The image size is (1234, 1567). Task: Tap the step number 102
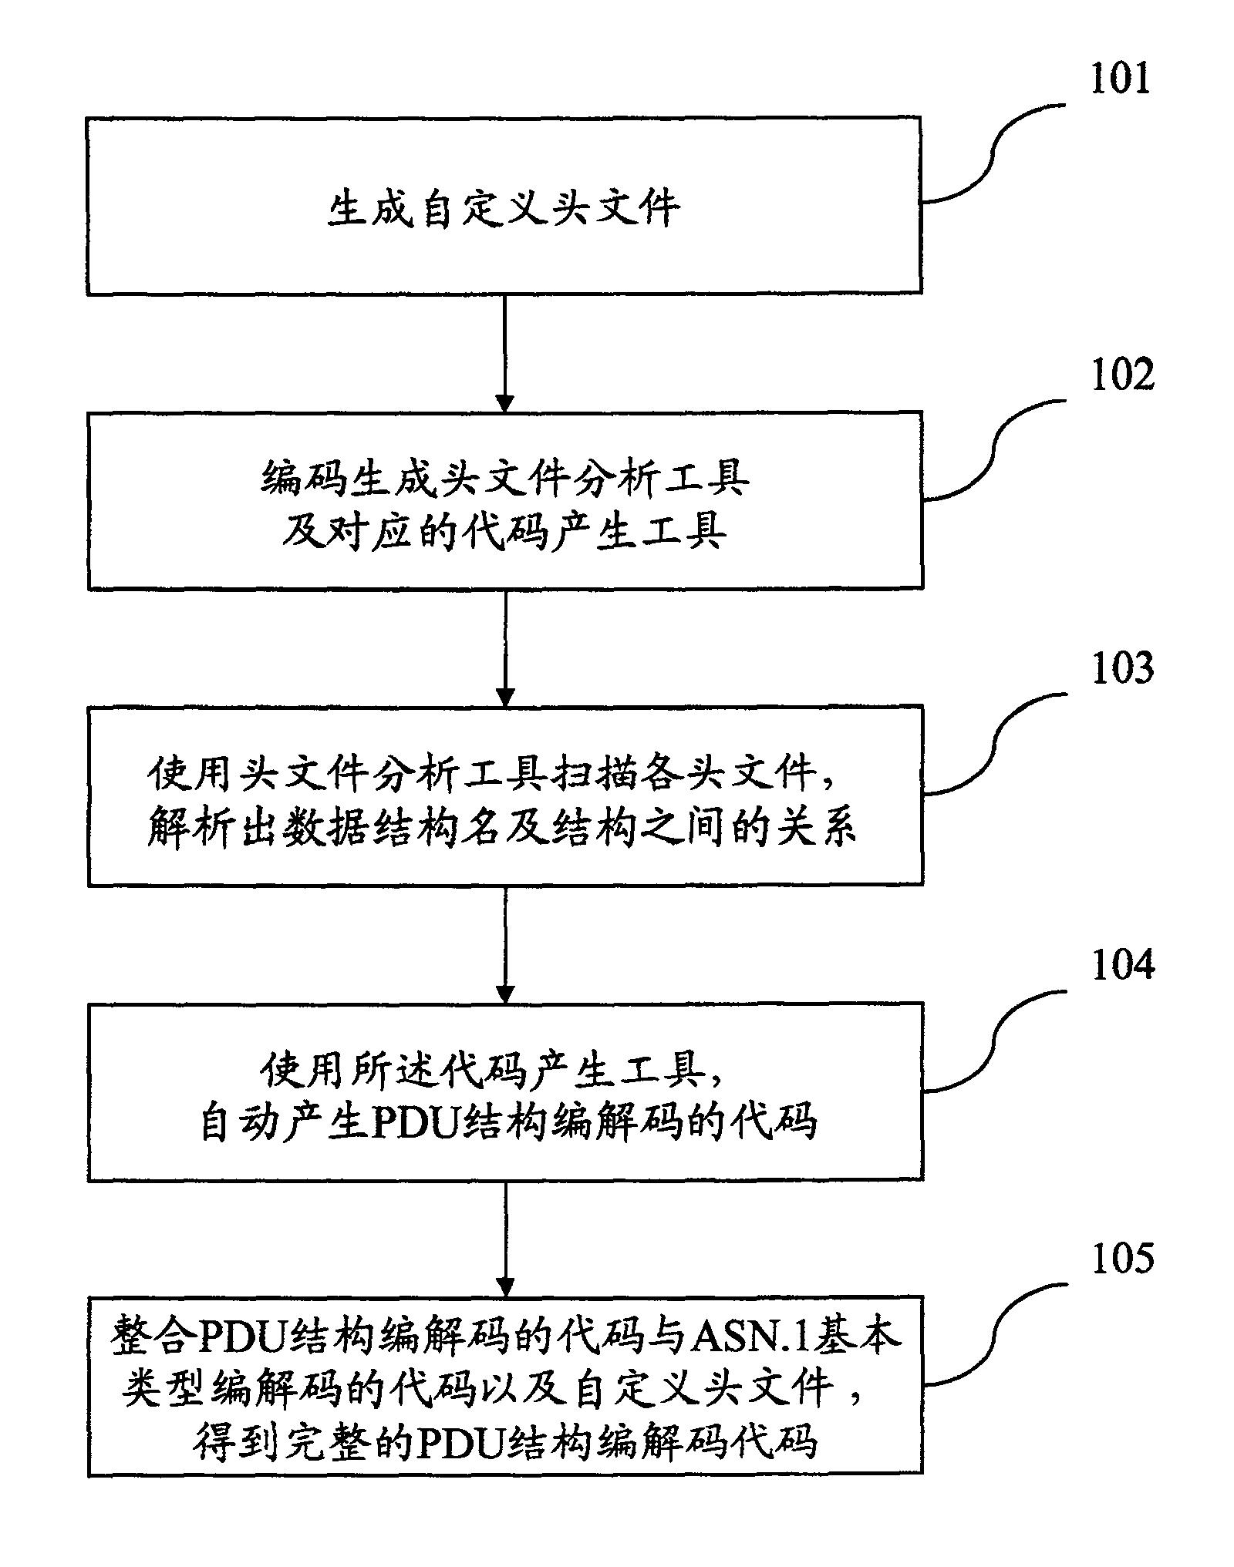pyautogui.click(x=1121, y=375)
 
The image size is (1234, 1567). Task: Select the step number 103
pyautogui.click(x=1121, y=667)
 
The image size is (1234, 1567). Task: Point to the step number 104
pyautogui.click(x=1122, y=965)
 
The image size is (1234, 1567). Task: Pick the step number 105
pyautogui.click(x=1122, y=1258)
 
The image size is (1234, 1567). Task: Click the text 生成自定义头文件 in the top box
pyautogui.click(x=504, y=209)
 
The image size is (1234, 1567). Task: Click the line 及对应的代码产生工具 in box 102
pyautogui.click(x=504, y=531)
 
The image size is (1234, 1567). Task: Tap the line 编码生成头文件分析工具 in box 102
pyautogui.click(x=504, y=478)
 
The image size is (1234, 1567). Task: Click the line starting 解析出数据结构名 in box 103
pyautogui.click(x=501, y=829)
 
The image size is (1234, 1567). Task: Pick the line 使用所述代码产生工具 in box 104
pyautogui.click(x=494, y=1071)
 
